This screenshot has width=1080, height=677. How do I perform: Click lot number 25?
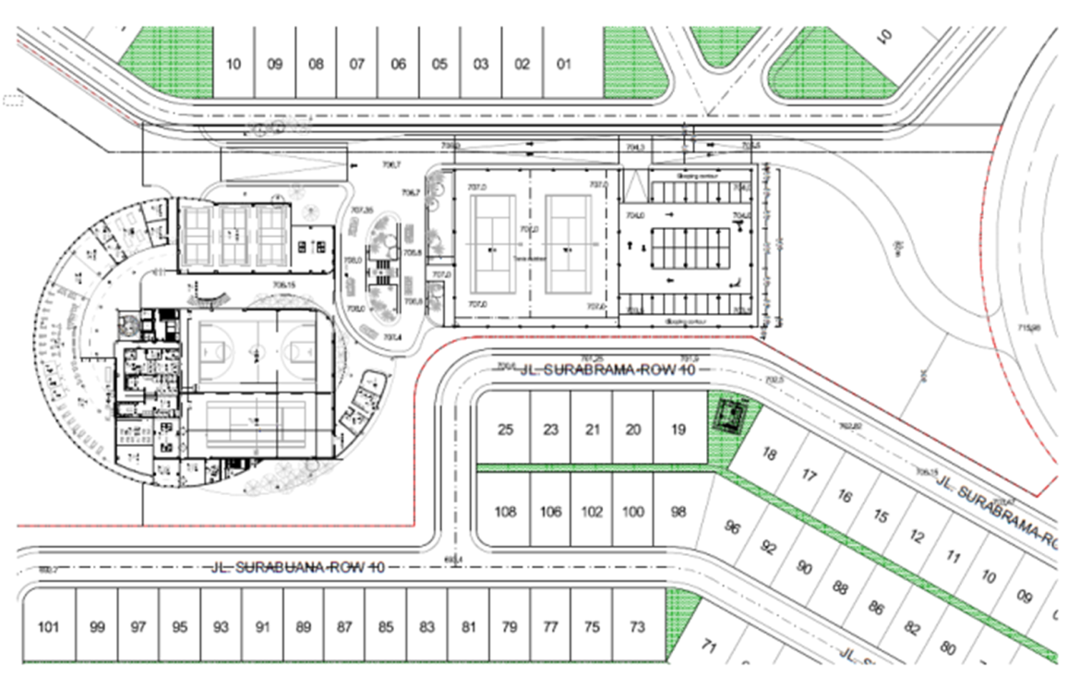(x=505, y=429)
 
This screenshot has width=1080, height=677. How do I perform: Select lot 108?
(x=505, y=511)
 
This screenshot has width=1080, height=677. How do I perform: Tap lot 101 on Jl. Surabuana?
(x=49, y=627)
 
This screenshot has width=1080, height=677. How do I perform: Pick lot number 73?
(x=637, y=627)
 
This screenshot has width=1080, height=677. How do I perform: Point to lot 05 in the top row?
(x=439, y=65)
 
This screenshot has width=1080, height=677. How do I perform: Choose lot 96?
(x=733, y=527)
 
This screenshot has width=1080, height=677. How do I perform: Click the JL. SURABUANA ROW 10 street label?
(x=298, y=567)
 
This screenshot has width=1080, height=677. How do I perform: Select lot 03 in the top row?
(x=481, y=65)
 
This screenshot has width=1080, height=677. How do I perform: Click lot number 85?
(x=386, y=627)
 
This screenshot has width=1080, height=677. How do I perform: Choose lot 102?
(x=592, y=511)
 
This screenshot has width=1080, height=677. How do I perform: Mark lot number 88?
(x=840, y=586)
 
